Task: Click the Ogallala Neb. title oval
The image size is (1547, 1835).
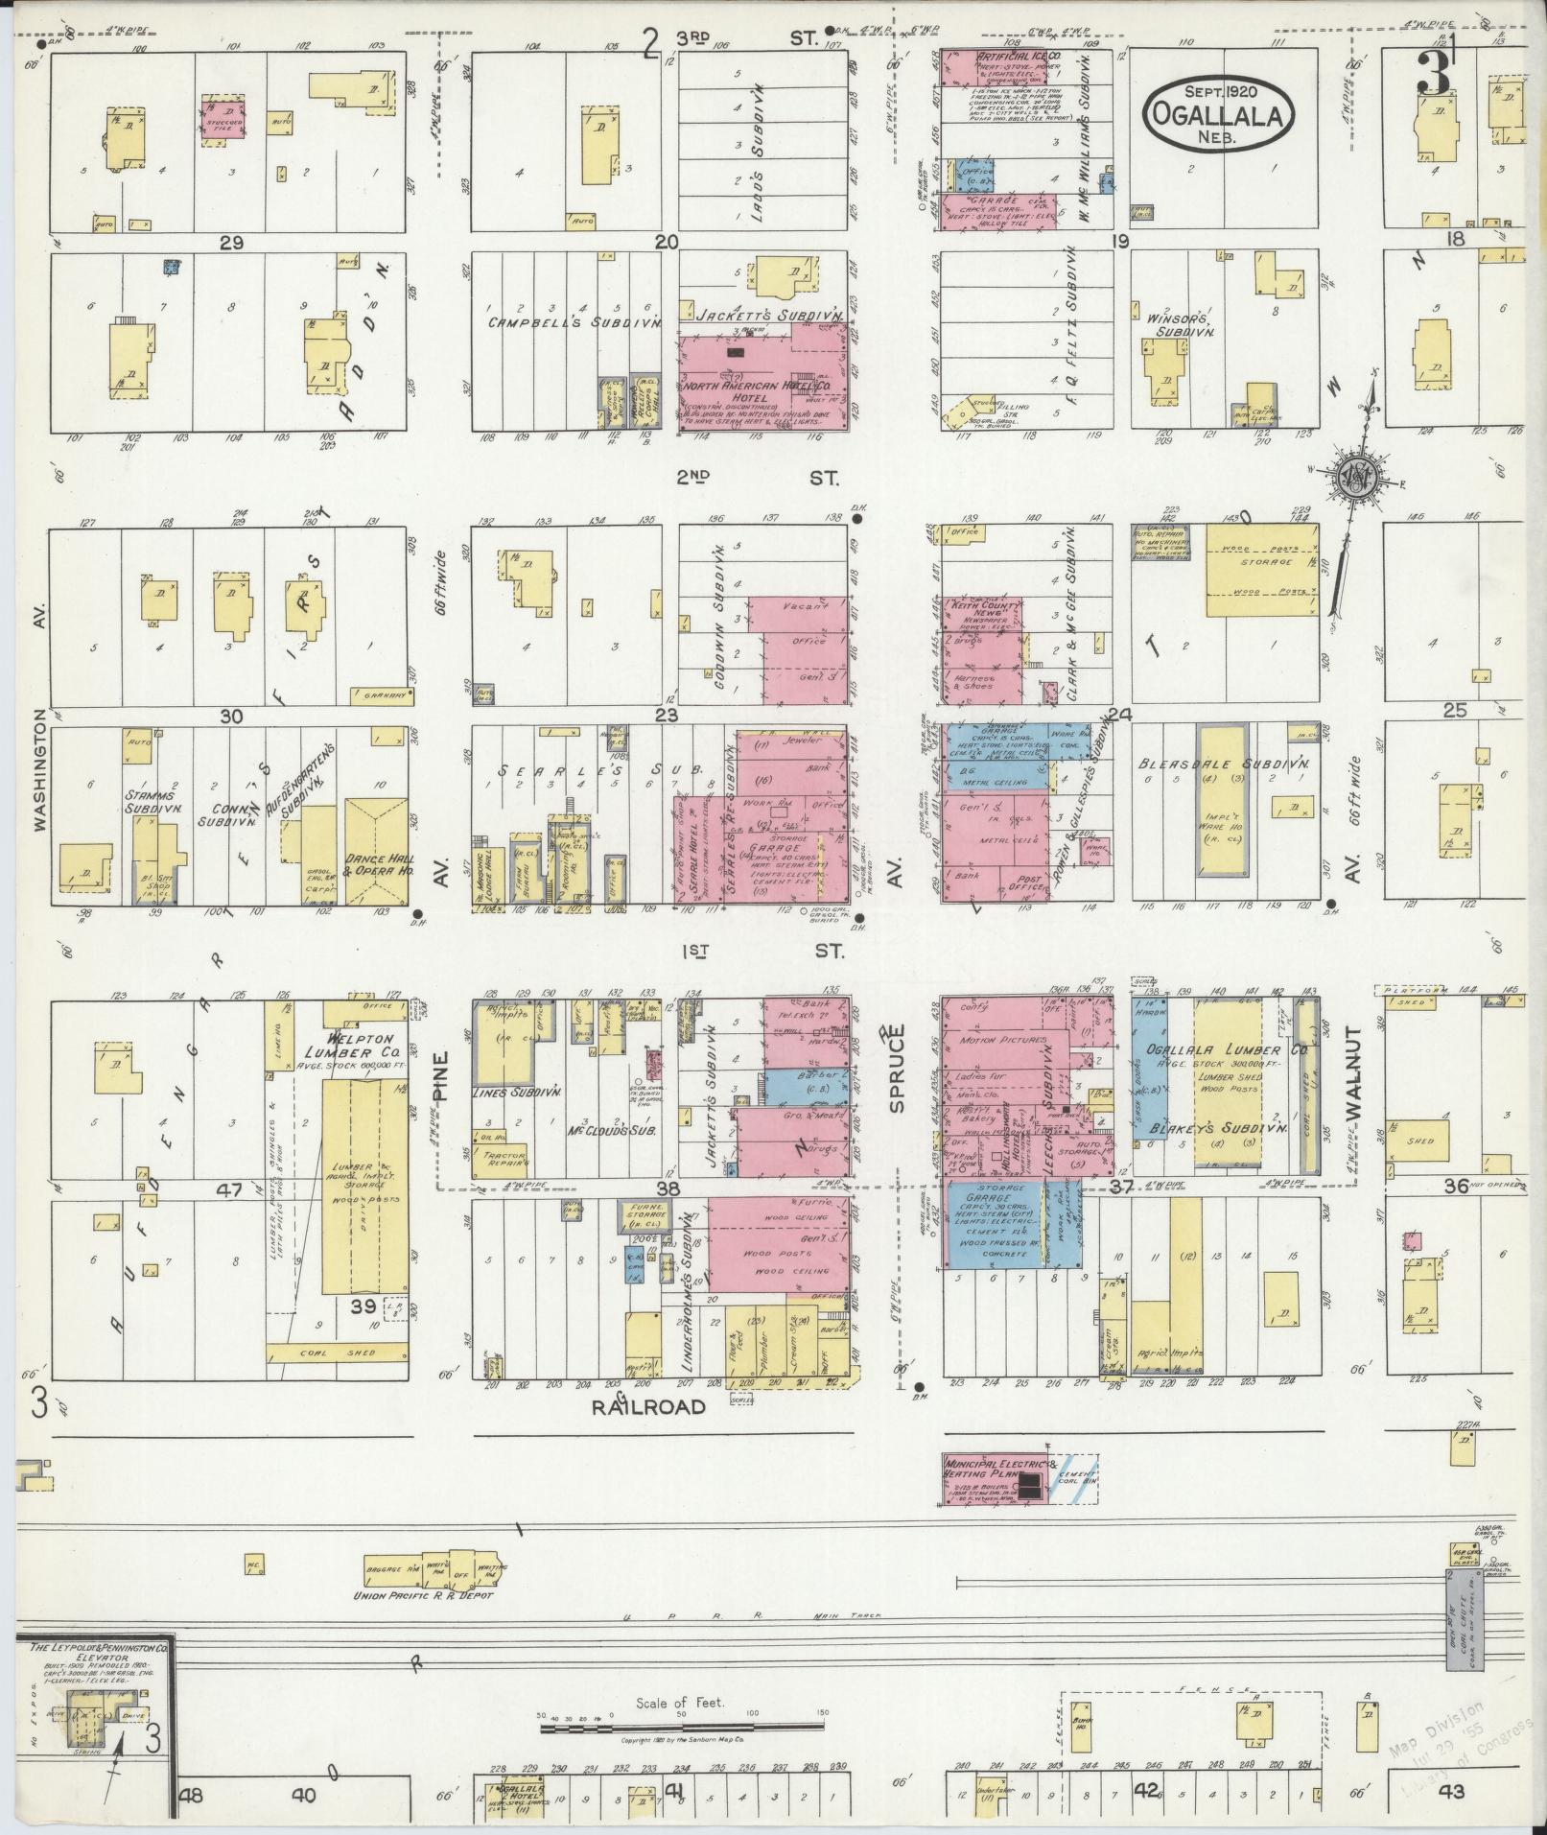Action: tap(1219, 113)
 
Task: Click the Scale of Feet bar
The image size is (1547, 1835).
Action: tap(682, 1728)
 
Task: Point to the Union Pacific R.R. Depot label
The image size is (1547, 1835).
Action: tap(423, 1594)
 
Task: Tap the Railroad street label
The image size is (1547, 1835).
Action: tap(648, 1407)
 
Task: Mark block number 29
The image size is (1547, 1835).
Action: tap(230, 243)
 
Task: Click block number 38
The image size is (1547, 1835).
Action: tap(668, 1188)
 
